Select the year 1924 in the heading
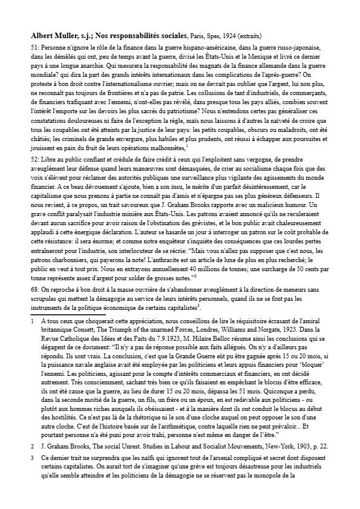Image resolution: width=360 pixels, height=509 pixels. (233, 36)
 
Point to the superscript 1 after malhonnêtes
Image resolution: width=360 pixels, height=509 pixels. (188, 145)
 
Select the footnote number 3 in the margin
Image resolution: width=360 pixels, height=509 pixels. (31, 459)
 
